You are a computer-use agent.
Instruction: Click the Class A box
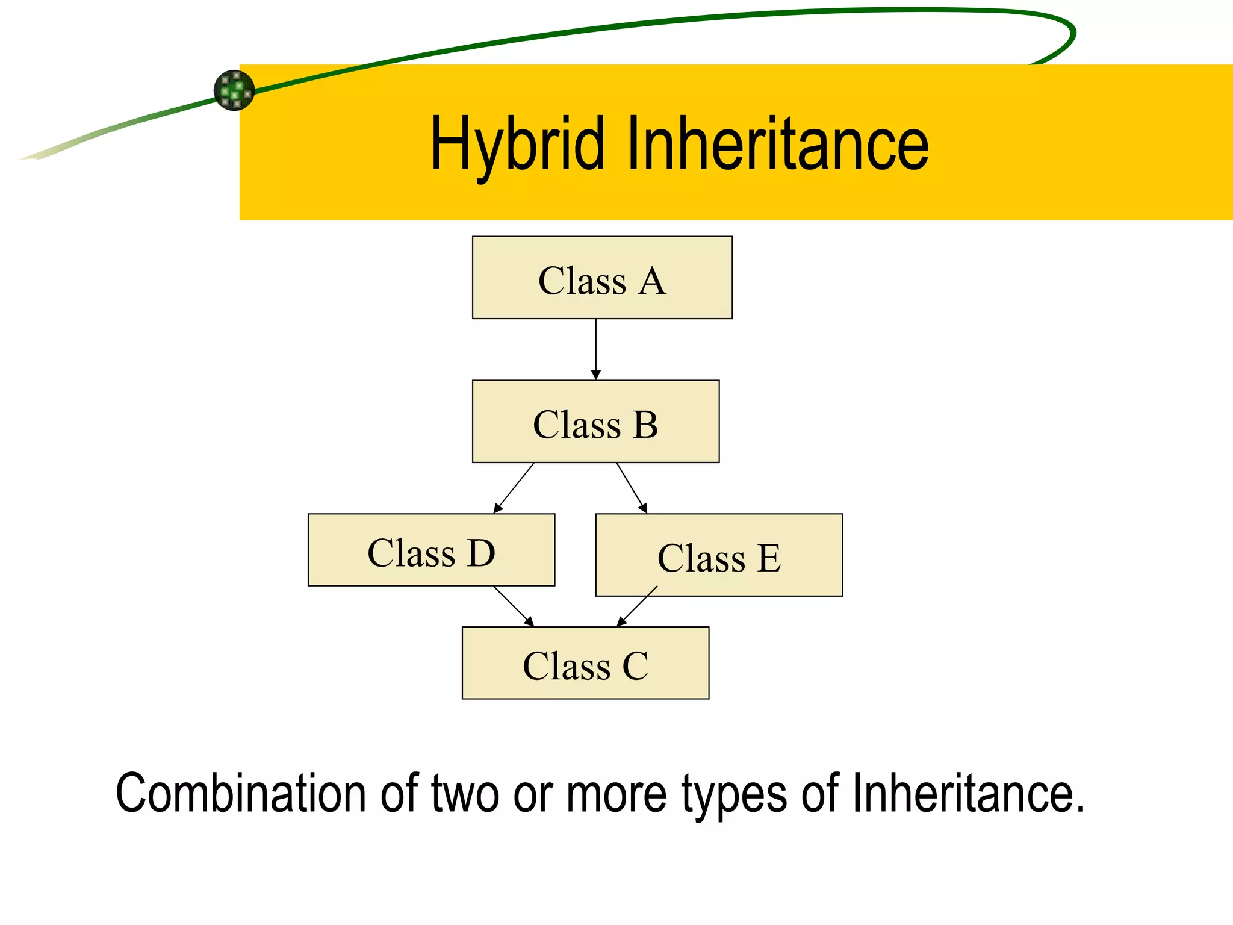tap(602, 278)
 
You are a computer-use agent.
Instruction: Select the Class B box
tap(595, 422)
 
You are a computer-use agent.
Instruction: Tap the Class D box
tap(431, 550)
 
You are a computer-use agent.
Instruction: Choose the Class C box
tap(585, 663)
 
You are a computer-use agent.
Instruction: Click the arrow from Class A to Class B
tap(596, 349)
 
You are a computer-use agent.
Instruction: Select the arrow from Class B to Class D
tap(514, 488)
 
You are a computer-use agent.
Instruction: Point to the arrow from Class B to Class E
tap(632, 488)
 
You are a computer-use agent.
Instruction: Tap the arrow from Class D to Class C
tap(514, 606)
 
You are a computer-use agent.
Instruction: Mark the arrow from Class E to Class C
tap(637, 606)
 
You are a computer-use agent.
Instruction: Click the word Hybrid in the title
tap(517, 145)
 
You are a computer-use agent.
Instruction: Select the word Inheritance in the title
tap(777, 145)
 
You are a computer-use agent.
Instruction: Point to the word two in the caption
tap(465, 794)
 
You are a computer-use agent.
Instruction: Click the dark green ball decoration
tap(234, 90)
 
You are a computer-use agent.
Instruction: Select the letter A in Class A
tap(652, 281)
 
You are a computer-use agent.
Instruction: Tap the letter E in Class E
tap(769, 558)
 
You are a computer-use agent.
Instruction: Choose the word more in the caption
tap(616, 794)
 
